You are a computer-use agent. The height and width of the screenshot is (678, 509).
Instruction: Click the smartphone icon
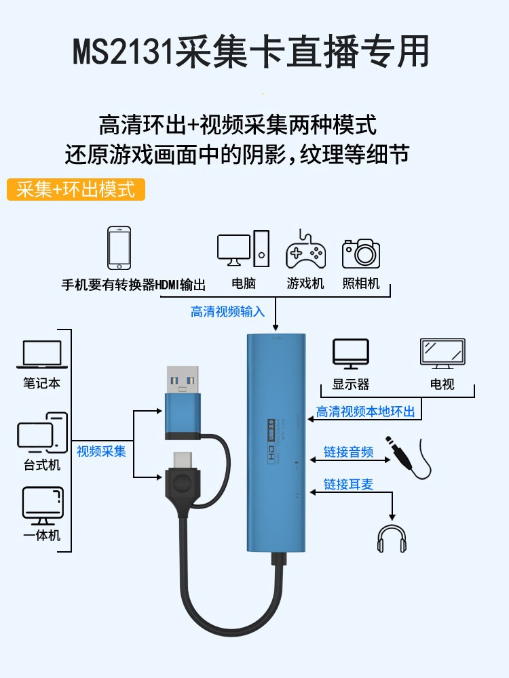119,248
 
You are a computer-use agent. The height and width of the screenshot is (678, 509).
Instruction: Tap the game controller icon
305,249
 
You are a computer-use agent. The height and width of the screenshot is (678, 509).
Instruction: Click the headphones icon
392,538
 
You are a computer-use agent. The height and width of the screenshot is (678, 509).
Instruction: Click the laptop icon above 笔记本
41,355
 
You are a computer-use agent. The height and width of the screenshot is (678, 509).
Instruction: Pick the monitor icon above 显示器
350,355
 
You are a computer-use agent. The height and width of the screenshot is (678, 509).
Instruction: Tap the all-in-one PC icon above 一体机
42,505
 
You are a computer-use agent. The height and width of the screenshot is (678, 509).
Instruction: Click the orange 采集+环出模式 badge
76,189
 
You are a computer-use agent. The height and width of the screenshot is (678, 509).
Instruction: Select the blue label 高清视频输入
227,311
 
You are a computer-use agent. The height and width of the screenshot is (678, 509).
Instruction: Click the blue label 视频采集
101,451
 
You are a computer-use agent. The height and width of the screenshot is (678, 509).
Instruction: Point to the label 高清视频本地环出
365,412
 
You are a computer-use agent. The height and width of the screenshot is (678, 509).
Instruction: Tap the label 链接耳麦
348,484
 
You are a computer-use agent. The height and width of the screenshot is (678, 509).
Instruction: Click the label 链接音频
348,452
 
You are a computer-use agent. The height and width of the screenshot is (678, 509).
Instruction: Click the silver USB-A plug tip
183,381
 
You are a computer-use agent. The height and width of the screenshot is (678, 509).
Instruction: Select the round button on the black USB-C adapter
181,485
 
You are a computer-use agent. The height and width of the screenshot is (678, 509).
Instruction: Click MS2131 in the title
123,52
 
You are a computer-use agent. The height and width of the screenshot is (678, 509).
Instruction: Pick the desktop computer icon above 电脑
243,250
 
